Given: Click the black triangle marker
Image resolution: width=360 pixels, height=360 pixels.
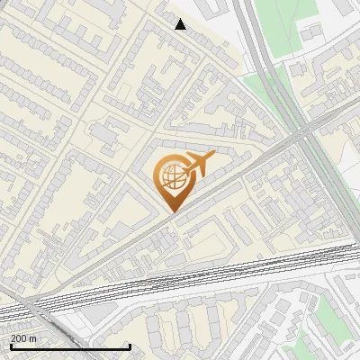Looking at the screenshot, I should click(181, 24).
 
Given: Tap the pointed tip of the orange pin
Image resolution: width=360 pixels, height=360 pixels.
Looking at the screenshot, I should click(172, 211).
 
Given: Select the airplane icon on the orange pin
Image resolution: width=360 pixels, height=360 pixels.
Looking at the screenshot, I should click(198, 163).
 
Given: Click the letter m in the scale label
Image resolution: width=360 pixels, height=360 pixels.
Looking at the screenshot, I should click(34, 338).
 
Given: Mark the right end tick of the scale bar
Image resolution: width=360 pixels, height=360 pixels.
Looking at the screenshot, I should click(130, 346).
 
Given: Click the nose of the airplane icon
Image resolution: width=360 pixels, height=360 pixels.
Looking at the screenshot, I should click(214, 158).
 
